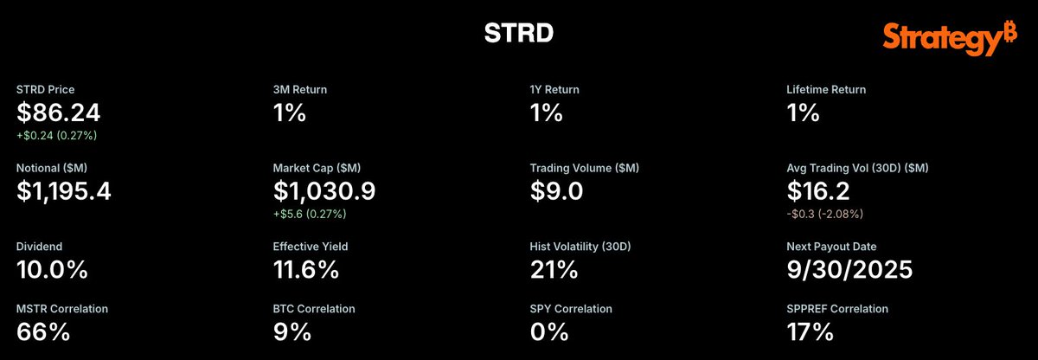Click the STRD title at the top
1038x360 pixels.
click(518, 33)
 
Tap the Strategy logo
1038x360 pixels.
click(950, 38)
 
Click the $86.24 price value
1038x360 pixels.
click(59, 112)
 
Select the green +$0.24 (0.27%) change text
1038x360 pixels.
click(56, 135)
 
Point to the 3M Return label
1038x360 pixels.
click(300, 89)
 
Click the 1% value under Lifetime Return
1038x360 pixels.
click(803, 112)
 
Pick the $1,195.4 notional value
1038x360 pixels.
click(64, 191)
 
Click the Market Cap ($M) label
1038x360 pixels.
click(317, 168)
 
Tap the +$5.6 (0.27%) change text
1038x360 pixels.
click(310, 214)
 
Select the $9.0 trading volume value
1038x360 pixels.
click(556, 191)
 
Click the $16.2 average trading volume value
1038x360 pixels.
click(818, 191)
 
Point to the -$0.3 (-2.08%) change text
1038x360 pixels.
click(825, 214)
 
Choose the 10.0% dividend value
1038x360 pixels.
click(52, 270)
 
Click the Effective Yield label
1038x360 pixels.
click(311, 247)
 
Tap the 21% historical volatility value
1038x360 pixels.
click(554, 270)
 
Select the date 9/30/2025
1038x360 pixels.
click(849, 270)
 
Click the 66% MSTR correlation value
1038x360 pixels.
click(43, 331)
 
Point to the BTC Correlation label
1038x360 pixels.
click(314, 309)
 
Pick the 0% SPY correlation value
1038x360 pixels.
click(549, 331)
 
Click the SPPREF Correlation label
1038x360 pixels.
click(837, 309)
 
